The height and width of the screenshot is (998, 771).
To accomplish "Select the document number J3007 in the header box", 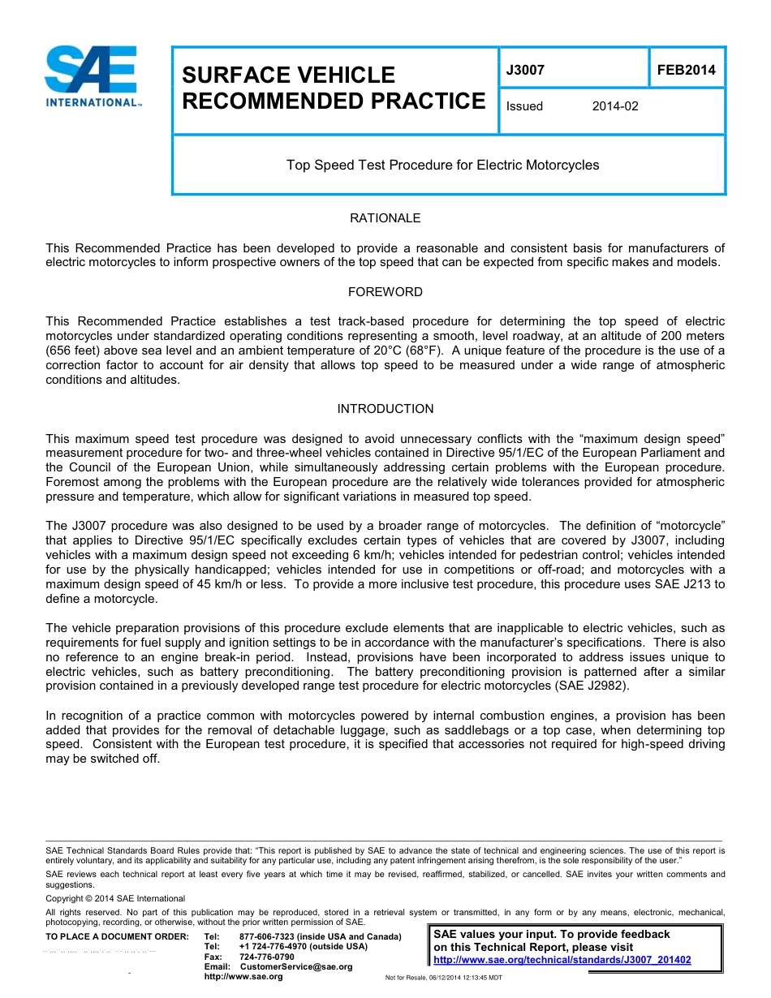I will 525,71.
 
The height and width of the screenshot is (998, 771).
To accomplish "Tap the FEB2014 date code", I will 686,71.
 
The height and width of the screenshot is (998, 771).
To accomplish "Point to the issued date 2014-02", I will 615,106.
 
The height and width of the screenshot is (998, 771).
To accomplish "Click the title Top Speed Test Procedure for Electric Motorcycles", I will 442,166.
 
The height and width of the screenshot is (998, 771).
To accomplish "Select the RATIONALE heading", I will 385,218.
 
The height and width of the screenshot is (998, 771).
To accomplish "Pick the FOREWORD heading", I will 385,292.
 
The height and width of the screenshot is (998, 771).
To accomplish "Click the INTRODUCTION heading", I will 385,409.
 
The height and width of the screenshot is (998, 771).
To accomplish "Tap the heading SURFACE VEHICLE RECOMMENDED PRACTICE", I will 333,88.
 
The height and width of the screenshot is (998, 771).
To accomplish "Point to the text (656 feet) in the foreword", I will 75,351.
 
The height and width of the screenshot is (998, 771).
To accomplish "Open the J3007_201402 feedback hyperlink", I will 562,960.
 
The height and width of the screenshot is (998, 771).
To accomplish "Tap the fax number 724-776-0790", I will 267,957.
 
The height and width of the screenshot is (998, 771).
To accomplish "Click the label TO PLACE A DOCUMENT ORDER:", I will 117,936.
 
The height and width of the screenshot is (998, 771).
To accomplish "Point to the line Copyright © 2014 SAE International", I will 115,898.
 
